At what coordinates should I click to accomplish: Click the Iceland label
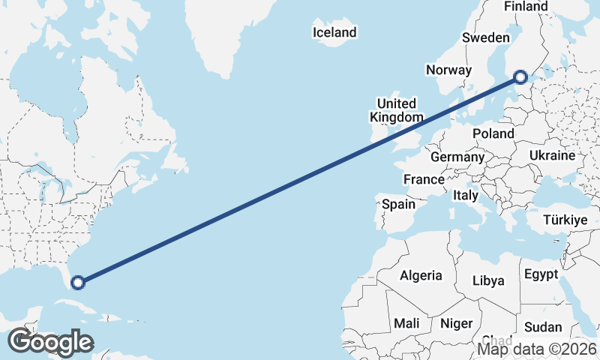pos(334,32)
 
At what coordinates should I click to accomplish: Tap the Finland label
pos(526,6)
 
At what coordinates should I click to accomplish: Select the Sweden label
pos(486,37)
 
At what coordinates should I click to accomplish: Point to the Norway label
pos(448,70)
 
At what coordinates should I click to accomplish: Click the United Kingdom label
pos(397,110)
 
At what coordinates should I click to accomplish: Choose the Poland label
pos(493,133)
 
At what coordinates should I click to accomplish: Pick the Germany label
pos(457,157)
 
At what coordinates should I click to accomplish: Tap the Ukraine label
pos(552,155)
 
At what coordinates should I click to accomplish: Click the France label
pos(424,180)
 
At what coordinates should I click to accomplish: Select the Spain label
pos(398,204)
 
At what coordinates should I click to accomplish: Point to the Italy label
pos(466,195)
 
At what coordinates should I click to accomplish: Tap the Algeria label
pos(421,275)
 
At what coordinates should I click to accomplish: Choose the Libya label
pos(488,280)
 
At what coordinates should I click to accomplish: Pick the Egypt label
pos(541,274)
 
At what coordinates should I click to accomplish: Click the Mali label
pos(407,323)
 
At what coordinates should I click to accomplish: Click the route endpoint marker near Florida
pos(77,283)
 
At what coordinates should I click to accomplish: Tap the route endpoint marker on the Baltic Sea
pos(520,76)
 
